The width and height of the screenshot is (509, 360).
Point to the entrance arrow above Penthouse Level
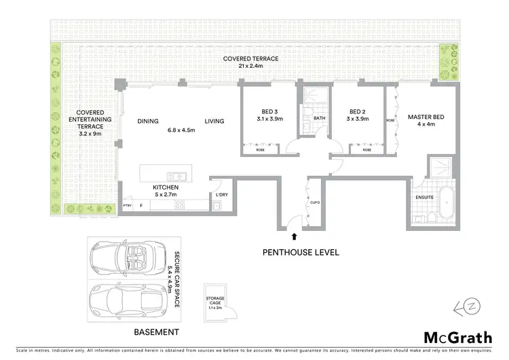[x=294, y=237]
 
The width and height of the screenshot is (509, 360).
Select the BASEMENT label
[x=157, y=332]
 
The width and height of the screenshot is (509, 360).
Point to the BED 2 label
[x=358, y=111]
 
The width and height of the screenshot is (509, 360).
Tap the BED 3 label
[x=269, y=111]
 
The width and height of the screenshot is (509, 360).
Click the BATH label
[x=318, y=119]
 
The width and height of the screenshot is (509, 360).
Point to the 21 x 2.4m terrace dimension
[x=252, y=67]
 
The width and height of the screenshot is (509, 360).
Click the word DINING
[x=148, y=122]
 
